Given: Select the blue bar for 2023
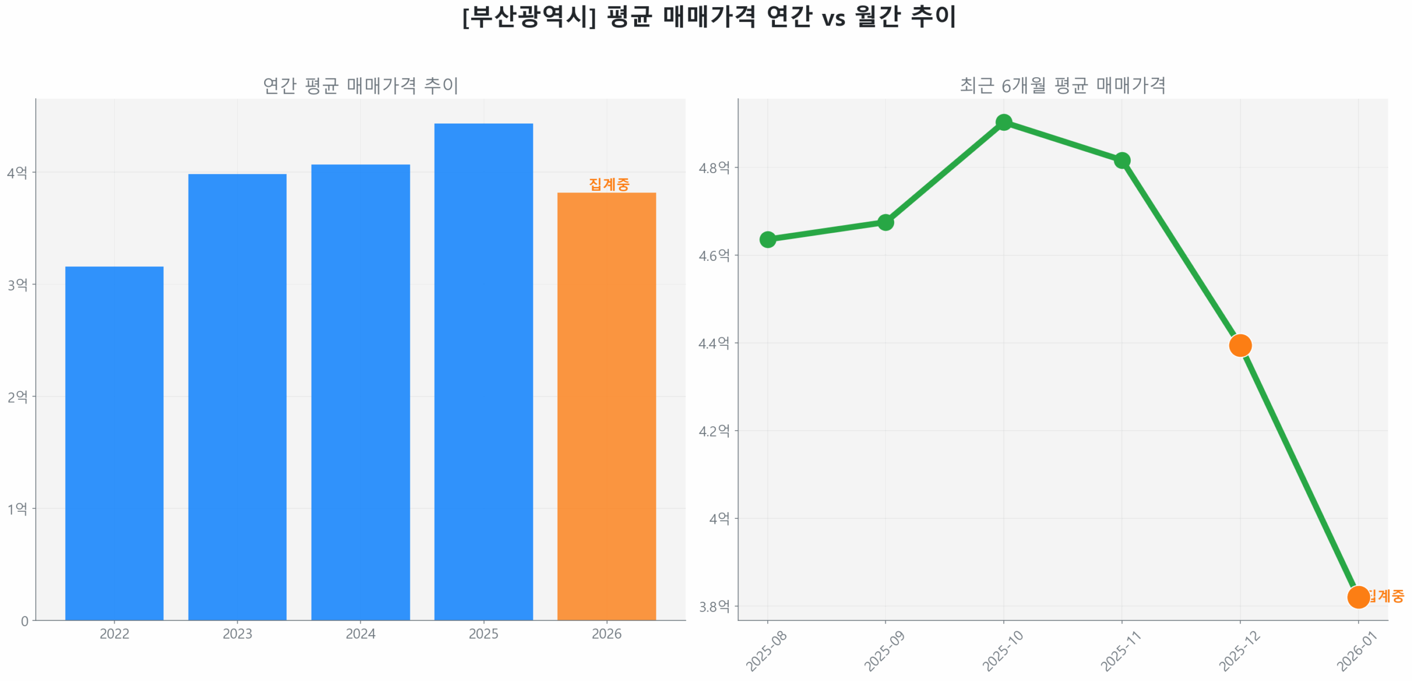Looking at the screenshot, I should pos(237,396).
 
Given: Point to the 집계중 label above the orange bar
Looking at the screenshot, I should pos(608,184).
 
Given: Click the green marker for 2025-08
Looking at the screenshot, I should pos(767,239).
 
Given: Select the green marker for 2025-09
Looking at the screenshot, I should pos(885,222).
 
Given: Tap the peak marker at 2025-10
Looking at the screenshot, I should pos(1004,122).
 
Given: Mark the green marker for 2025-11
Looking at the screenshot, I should pos(1122,160).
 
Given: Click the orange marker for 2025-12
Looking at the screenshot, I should pos(1240,345).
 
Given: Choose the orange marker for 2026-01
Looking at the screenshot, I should pos(1358,597).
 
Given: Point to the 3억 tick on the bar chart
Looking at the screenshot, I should pos(17,285).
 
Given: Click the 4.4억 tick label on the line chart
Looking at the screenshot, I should pos(714,344).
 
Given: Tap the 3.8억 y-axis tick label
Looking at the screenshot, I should pos(714,607).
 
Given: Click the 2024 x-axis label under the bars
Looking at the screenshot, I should pos(360,634).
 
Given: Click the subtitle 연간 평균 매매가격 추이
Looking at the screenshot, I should pos(360,85).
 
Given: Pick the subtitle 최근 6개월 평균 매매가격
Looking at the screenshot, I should pos(1062,85).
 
